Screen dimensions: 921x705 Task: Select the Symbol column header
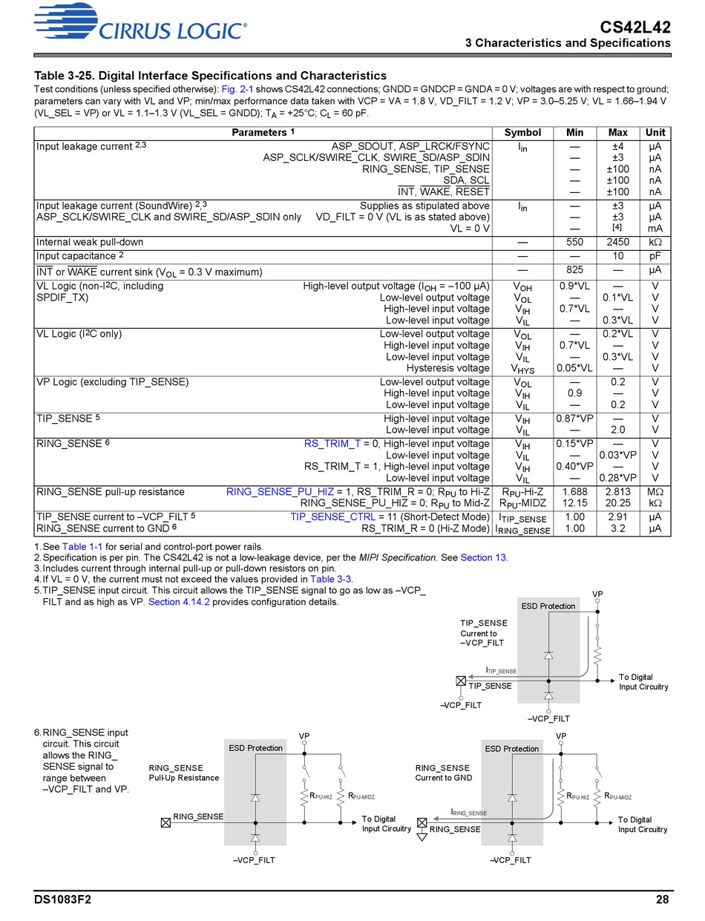(522, 133)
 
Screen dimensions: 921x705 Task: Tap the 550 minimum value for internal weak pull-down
(574, 242)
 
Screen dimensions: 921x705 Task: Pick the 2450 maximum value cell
(617, 242)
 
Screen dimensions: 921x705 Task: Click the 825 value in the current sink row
(574, 271)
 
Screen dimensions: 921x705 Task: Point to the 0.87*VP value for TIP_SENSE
(574, 419)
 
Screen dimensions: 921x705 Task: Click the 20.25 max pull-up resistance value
(617, 503)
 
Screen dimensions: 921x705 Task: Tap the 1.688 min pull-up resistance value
(574, 492)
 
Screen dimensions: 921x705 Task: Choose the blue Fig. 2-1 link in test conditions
(237, 89)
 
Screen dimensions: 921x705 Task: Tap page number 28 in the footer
(663, 900)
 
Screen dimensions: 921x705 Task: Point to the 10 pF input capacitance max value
(617, 256)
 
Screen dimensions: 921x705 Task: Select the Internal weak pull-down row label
(90, 242)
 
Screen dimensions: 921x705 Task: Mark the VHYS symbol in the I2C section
(522, 369)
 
